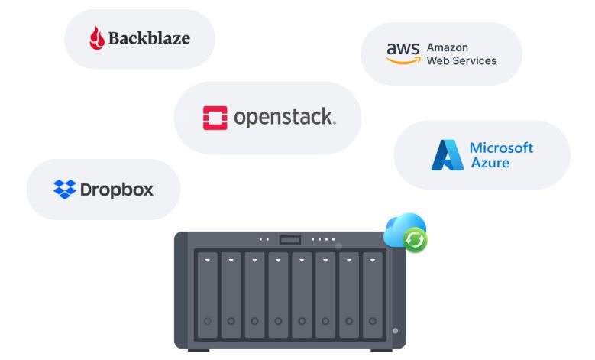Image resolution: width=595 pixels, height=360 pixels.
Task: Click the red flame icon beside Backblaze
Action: click(x=97, y=37)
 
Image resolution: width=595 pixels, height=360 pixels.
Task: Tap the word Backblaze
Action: click(x=149, y=37)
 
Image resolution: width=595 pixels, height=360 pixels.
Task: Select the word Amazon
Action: click(x=448, y=47)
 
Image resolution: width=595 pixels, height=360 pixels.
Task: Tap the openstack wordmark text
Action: click(x=284, y=118)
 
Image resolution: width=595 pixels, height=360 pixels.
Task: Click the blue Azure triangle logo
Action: click(x=447, y=154)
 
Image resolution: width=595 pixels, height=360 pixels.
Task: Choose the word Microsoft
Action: click(x=501, y=148)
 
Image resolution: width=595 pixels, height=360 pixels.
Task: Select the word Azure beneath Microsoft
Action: click(x=490, y=163)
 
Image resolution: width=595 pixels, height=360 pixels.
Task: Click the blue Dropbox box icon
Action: click(x=64, y=189)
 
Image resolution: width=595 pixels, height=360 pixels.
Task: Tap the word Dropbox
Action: click(x=117, y=190)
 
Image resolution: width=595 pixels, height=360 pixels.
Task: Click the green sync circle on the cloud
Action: click(x=415, y=241)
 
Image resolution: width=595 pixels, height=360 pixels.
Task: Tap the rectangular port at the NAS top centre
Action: click(x=290, y=240)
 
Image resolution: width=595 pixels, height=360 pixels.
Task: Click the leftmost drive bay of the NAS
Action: click(x=207, y=294)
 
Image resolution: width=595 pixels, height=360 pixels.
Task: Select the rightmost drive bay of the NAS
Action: click(x=372, y=294)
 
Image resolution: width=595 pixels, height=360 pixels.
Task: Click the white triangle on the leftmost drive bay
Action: click(x=207, y=260)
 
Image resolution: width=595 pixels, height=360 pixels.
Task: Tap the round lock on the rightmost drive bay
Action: click(x=372, y=321)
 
